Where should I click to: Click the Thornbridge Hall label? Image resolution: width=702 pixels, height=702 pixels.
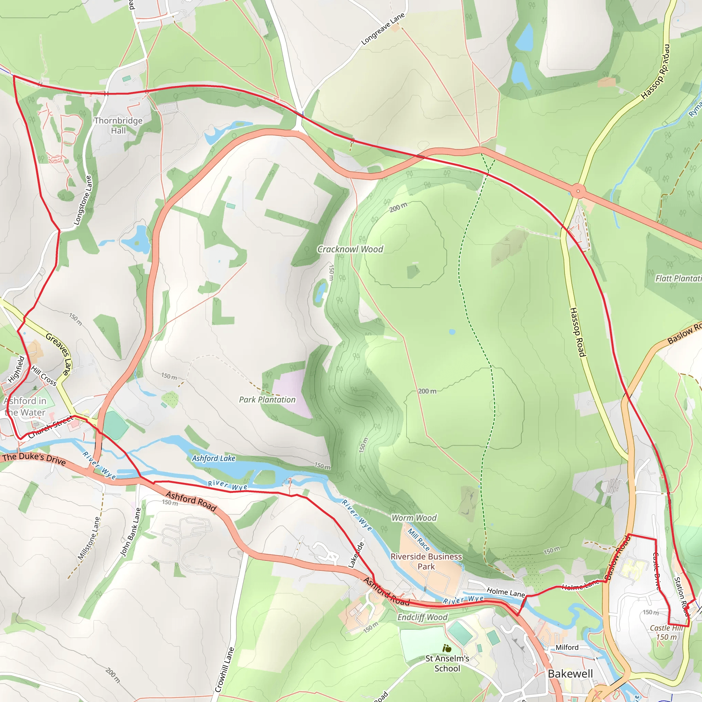tap(118, 125)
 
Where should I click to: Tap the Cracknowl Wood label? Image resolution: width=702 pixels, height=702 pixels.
tap(350, 249)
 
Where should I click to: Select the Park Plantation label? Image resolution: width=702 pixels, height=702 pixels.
tap(267, 400)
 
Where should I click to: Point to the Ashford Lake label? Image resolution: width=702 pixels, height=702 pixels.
tap(214, 459)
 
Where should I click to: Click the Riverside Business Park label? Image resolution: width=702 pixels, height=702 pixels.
tap(426, 561)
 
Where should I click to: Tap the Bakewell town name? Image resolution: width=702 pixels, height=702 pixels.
tap(570, 674)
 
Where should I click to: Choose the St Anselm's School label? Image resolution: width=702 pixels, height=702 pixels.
tap(447, 664)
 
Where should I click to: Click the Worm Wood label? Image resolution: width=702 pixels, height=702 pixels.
tap(414, 518)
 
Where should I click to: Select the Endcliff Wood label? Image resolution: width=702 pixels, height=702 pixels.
tap(422, 617)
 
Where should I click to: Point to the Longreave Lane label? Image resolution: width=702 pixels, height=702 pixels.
tap(383, 29)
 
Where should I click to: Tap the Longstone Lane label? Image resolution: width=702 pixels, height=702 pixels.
tap(83, 200)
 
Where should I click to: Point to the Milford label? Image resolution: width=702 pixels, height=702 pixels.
tap(567, 647)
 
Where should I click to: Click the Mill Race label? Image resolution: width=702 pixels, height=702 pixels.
tap(419, 540)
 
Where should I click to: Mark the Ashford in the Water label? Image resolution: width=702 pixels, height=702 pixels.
tap(25, 407)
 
